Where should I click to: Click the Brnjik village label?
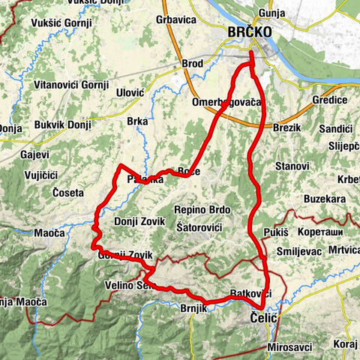tap(193, 307)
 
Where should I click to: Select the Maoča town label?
tap(49, 234)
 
